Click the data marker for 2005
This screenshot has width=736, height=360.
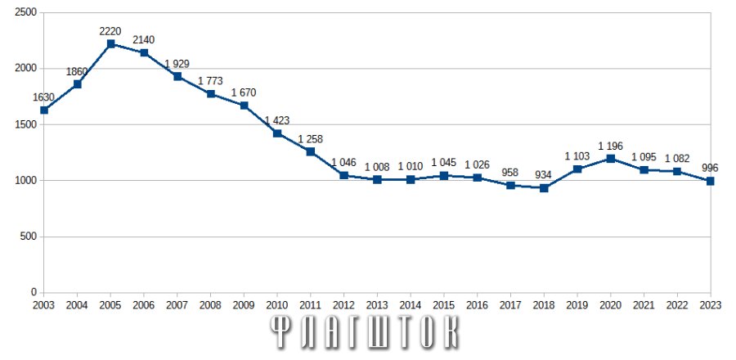pos(110,43)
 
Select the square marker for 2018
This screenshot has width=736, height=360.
pos(544,187)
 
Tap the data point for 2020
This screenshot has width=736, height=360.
pos(611,159)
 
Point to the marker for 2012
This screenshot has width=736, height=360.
pos(344,176)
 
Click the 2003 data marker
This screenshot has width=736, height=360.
pos(44,110)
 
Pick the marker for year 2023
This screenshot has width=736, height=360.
pos(711,181)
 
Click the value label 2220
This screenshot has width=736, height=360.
pos(110,31)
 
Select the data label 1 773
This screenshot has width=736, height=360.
pos(210,81)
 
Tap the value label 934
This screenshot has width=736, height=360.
pos(544,176)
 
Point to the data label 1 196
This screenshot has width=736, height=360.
pos(610,146)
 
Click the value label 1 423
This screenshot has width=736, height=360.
pos(277,120)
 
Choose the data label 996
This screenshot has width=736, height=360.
pos(710,168)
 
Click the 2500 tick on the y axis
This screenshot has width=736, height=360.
pos(26,12)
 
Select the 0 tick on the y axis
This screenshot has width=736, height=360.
pos(34,292)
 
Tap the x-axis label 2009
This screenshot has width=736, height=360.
pos(244,305)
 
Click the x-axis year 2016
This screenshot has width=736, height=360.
pos(477,305)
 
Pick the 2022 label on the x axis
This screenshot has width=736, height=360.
pos(677,305)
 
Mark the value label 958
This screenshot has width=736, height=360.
pos(510,173)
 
